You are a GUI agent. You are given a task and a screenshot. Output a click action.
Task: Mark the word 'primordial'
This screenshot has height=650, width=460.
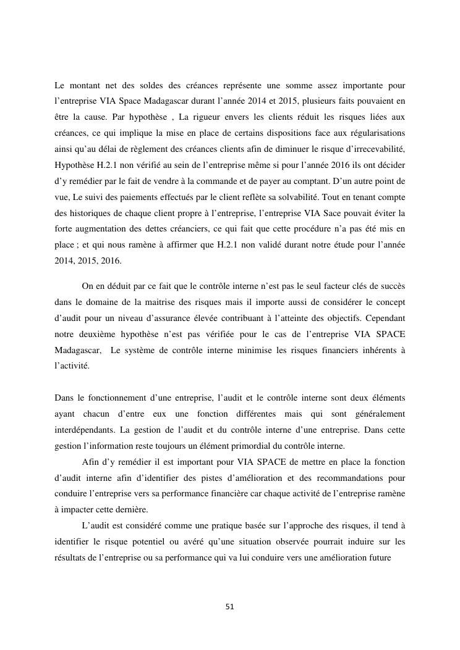click(264, 446)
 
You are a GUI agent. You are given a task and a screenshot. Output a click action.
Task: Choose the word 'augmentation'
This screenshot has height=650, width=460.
click(97, 229)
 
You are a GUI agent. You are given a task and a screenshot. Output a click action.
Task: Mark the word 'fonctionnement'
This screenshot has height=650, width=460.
click(116, 398)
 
